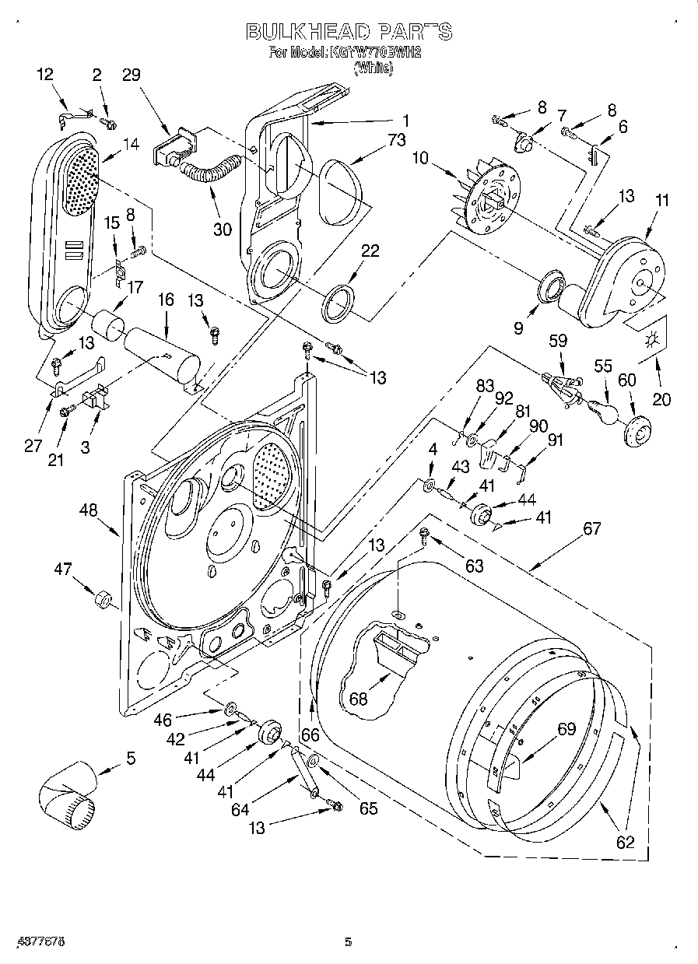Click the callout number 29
pyautogui.click(x=132, y=75)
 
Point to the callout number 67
pyautogui.click(x=591, y=529)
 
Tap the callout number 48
pyautogui.click(x=88, y=511)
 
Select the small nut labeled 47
pyautogui.click(x=102, y=601)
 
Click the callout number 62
pyautogui.click(x=625, y=841)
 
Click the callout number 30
pyautogui.click(x=222, y=229)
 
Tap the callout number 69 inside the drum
pyautogui.click(x=566, y=729)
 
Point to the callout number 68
pyautogui.click(x=359, y=698)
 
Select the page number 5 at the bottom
pyautogui.click(x=349, y=942)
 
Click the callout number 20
pyautogui.click(x=661, y=400)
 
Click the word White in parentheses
pyautogui.click(x=374, y=68)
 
